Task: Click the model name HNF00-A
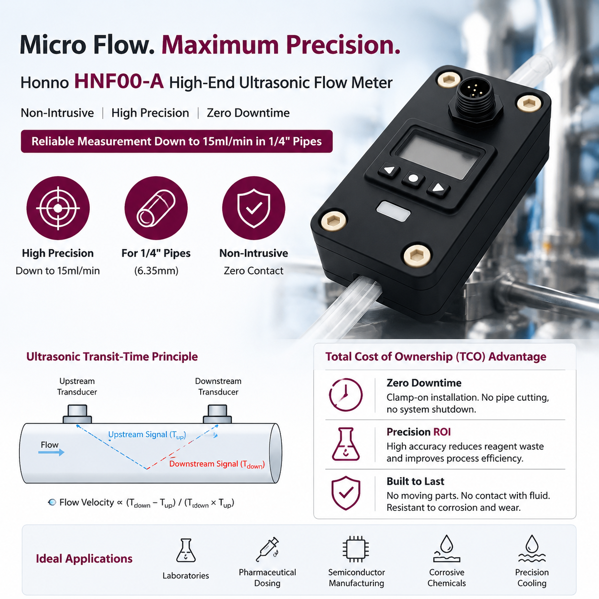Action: (119, 82)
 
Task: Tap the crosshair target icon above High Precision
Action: (58, 208)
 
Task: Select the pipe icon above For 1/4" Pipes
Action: (156, 208)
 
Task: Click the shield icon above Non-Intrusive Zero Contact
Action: (254, 208)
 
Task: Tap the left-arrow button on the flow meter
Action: (389, 171)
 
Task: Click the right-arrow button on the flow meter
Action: (439, 188)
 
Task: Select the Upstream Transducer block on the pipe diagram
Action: (77, 414)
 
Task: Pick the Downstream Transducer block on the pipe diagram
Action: (217, 414)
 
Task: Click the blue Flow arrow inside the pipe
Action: (51, 452)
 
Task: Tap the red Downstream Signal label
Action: (217, 464)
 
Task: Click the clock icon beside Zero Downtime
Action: (346, 395)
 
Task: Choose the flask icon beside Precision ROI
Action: (346, 444)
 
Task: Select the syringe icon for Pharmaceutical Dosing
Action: (267, 550)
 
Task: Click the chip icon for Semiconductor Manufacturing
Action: (356, 549)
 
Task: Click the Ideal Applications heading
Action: (84, 558)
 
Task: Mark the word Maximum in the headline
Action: (220, 45)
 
